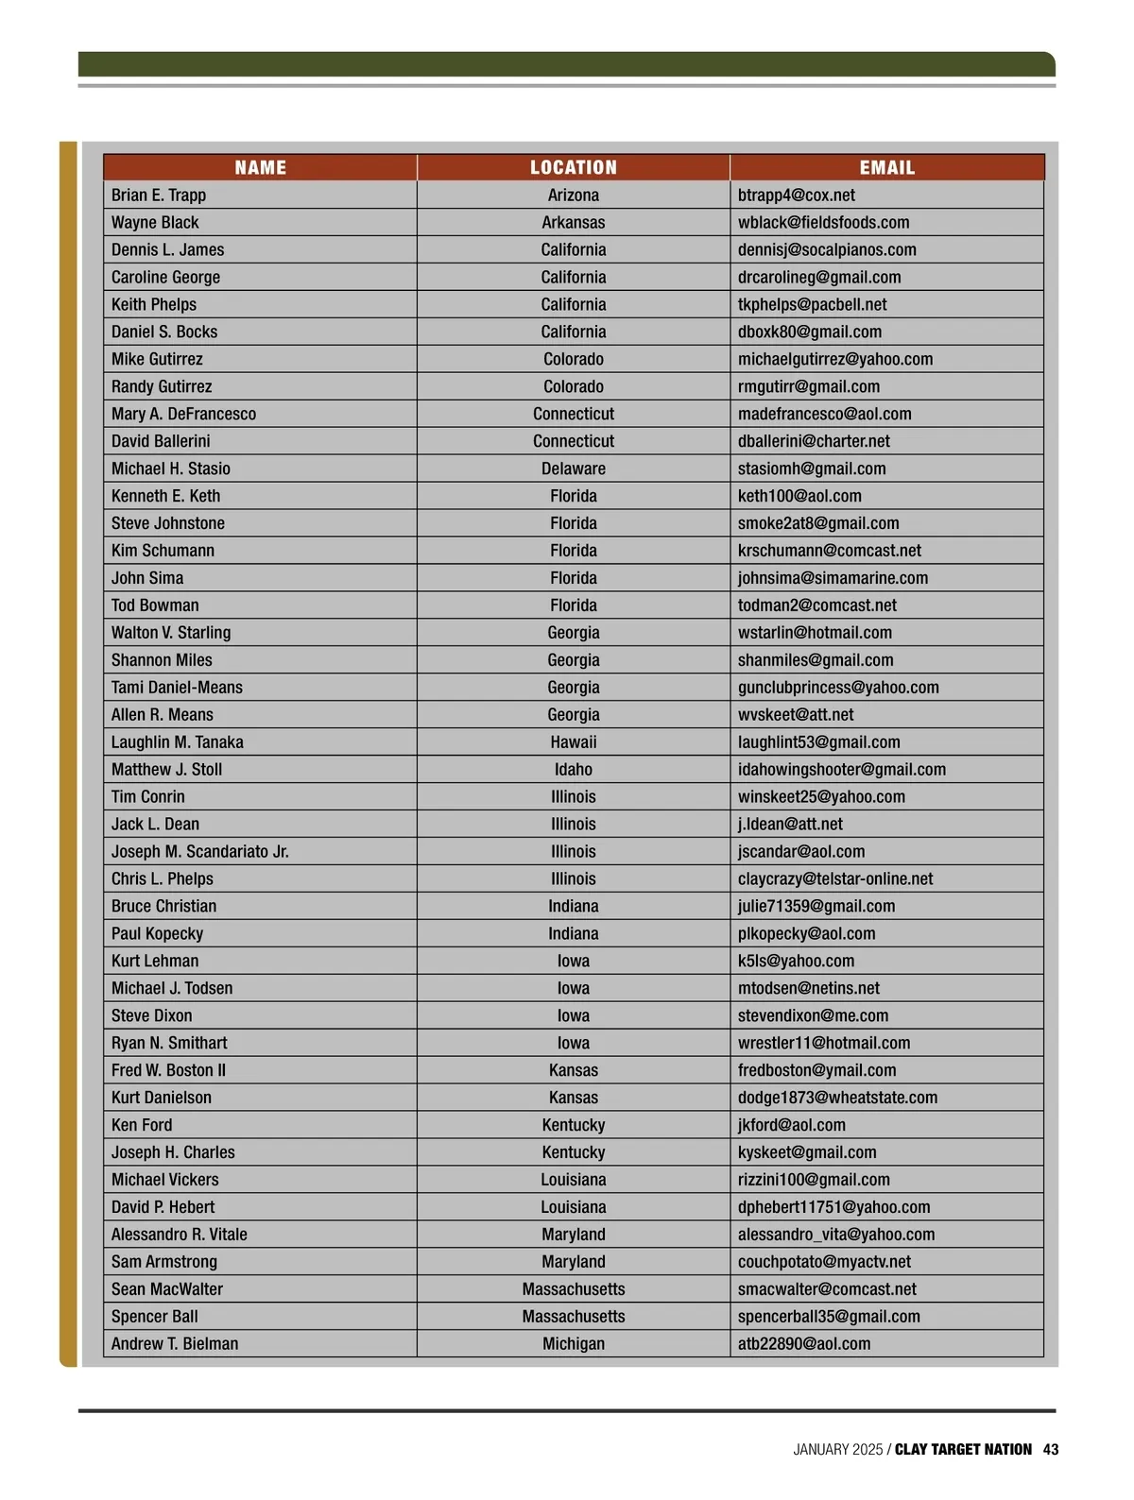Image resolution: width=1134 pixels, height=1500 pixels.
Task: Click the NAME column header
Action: pyautogui.click(x=260, y=168)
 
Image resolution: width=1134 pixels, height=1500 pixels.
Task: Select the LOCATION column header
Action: pyautogui.click(x=573, y=168)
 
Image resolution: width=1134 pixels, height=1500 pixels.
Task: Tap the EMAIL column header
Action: pyautogui.click(x=886, y=168)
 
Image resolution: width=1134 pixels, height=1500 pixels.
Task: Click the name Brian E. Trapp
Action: pyautogui.click(x=159, y=196)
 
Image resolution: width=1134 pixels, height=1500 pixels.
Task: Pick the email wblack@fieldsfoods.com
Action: pyautogui.click(x=823, y=223)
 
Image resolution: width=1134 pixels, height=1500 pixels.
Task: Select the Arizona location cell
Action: pyautogui.click(x=573, y=196)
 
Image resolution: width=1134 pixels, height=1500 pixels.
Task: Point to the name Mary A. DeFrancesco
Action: pyautogui.click(x=183, y=414)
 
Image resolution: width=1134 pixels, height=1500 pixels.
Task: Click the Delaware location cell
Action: pyautogui.click(x=573, y=469)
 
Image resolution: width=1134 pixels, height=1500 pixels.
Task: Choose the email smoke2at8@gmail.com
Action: pyautogui.click(x=818, y=523)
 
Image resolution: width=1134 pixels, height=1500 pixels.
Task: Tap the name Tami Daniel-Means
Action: pyautogui.click(x=177, y=688)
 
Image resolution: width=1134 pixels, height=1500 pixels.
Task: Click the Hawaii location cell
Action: pyautogui.click(x=573, y=742)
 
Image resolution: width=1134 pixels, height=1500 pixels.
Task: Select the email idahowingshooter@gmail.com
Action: pyautogui.click(x=841, y=770)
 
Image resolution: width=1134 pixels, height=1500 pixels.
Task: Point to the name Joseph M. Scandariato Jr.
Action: pyautogui.click(x=200, y=852)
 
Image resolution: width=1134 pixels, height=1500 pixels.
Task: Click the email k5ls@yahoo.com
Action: pyautogui.click(x=796, y=961)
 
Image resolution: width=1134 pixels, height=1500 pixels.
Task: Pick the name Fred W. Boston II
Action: pyautogui.click(x=168, y=1070)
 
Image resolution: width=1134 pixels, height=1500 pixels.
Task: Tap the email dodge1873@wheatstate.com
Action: pyautogui.click(x=837, y=1098)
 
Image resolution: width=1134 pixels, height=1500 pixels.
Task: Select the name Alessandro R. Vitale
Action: pyautogui.click(x=180, y=1235)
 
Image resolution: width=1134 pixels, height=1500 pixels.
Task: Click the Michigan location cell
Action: pyautogui.click(x=573, y=1344)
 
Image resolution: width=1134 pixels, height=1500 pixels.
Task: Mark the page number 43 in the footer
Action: pyautogui.click(x=1051, y=1449)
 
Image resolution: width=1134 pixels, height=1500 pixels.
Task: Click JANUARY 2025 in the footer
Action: pyautogui.click(x=837, y=1449)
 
